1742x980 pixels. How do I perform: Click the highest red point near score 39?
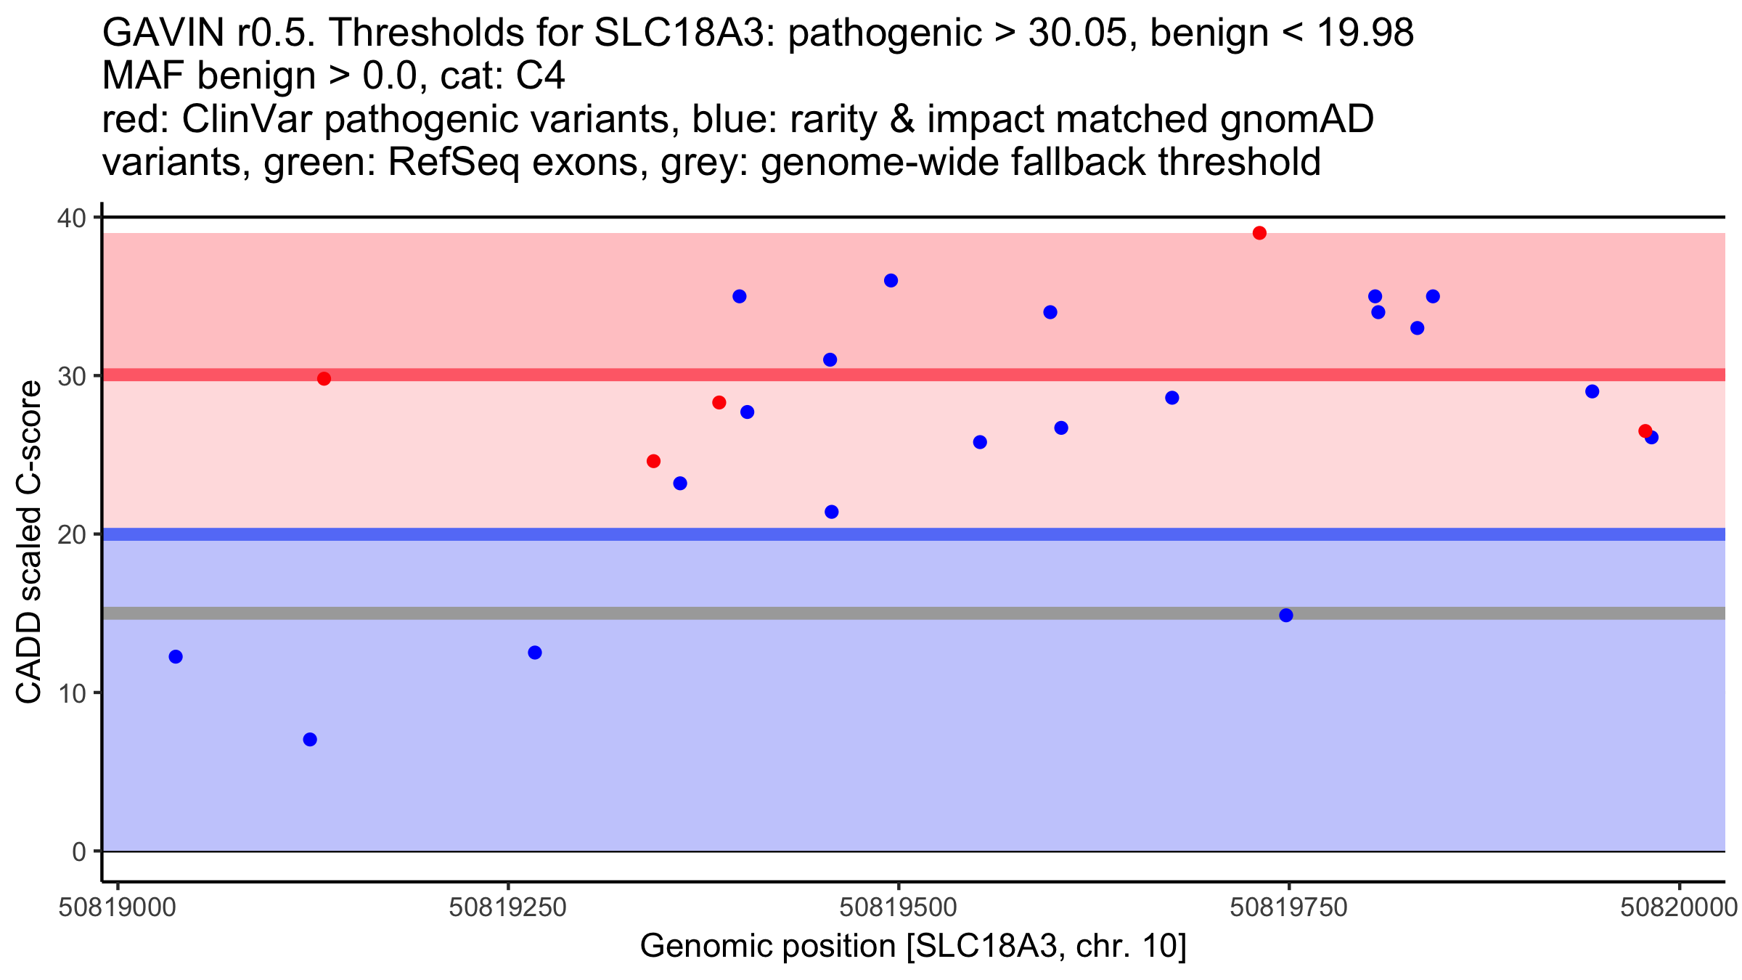click(1259, 233)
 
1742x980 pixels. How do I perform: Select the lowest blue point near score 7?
click(310, 740)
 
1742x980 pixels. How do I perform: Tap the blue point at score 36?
click(891, 281)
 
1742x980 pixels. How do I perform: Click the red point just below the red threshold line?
click(324, 379)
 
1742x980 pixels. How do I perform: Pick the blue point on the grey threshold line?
click(1286, 616)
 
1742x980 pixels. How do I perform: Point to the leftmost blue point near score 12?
click(176, 657)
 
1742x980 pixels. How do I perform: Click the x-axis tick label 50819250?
click(507, 908)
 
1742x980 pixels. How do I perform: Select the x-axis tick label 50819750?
click(1289, 908)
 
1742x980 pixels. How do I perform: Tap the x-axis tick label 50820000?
click(1679, 908)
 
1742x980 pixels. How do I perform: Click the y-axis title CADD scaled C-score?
click(29, 543)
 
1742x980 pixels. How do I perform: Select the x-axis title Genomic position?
click(769, 947)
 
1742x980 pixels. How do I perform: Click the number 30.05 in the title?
click(1084, 33)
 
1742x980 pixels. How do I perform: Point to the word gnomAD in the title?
click(1297, 120)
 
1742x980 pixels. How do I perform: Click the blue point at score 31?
click(830, 360)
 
